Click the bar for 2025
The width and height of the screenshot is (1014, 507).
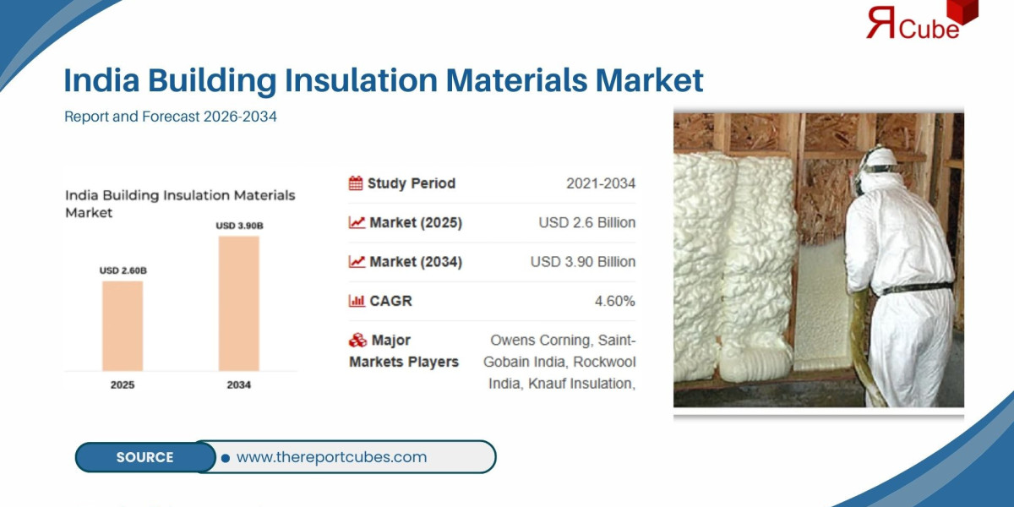coord(123,325)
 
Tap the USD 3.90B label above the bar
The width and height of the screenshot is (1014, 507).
coord(239,226)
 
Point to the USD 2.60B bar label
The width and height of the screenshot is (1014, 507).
coord(123,270)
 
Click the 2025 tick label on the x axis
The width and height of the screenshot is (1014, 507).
coord(123,384)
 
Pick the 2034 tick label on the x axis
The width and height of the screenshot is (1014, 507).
coord(239,384)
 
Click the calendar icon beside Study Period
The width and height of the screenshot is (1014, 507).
coord(356,183)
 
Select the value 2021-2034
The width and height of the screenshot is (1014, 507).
coord(601,183)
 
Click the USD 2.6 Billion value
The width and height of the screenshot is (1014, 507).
coord(586,223)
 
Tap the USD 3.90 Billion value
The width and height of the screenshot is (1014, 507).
coord(582,262)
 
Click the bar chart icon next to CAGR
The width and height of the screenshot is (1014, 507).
coord(356,301)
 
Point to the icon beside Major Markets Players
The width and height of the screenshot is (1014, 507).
coord(357,341)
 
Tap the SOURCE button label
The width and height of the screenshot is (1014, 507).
coord(144,457)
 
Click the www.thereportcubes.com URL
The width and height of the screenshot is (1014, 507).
coord(331,457)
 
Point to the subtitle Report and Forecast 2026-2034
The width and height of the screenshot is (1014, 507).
coord(171,117)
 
